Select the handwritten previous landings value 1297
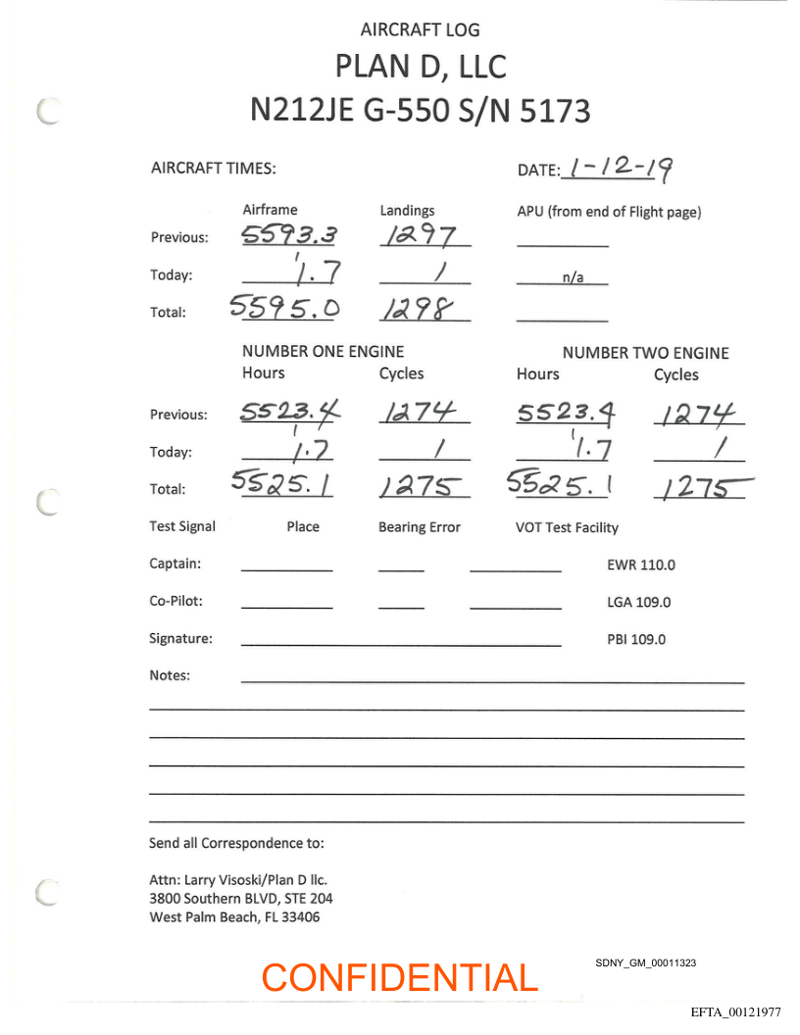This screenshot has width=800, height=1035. click(418, 235)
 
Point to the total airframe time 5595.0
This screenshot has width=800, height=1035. click(285, 309)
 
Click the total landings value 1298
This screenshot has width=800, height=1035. click(418, 310)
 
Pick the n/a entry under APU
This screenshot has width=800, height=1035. click(573, 277)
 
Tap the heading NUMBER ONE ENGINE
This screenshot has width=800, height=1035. click(323, 351)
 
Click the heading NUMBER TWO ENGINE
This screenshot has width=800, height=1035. click(645, 353)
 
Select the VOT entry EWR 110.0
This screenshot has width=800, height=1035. click(641, 565)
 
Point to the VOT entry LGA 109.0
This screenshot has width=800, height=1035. click(639, 602)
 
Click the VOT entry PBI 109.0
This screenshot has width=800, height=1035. click(636, 639)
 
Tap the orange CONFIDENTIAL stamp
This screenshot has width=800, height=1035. click(400, 977)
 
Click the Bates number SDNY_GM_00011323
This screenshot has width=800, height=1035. click(645, 963)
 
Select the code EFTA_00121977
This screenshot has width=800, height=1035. click(735, 1011)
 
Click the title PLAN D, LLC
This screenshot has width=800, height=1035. click(421, 67)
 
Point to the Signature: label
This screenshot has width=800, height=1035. click(180, 639)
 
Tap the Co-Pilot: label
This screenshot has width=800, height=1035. click(175, 602)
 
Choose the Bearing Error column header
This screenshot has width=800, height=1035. click(419, 527)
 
